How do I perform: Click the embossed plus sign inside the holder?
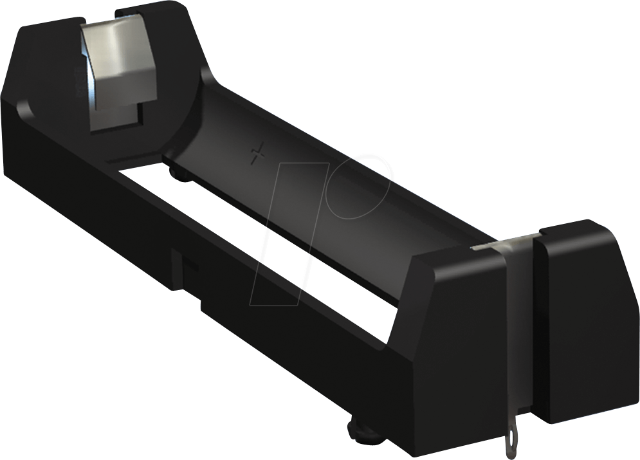(x=259, y=154)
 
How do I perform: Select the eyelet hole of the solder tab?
(x=511, y=443)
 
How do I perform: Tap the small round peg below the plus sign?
(x=180, y=173)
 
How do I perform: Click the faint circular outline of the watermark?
(x=360, y=187)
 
